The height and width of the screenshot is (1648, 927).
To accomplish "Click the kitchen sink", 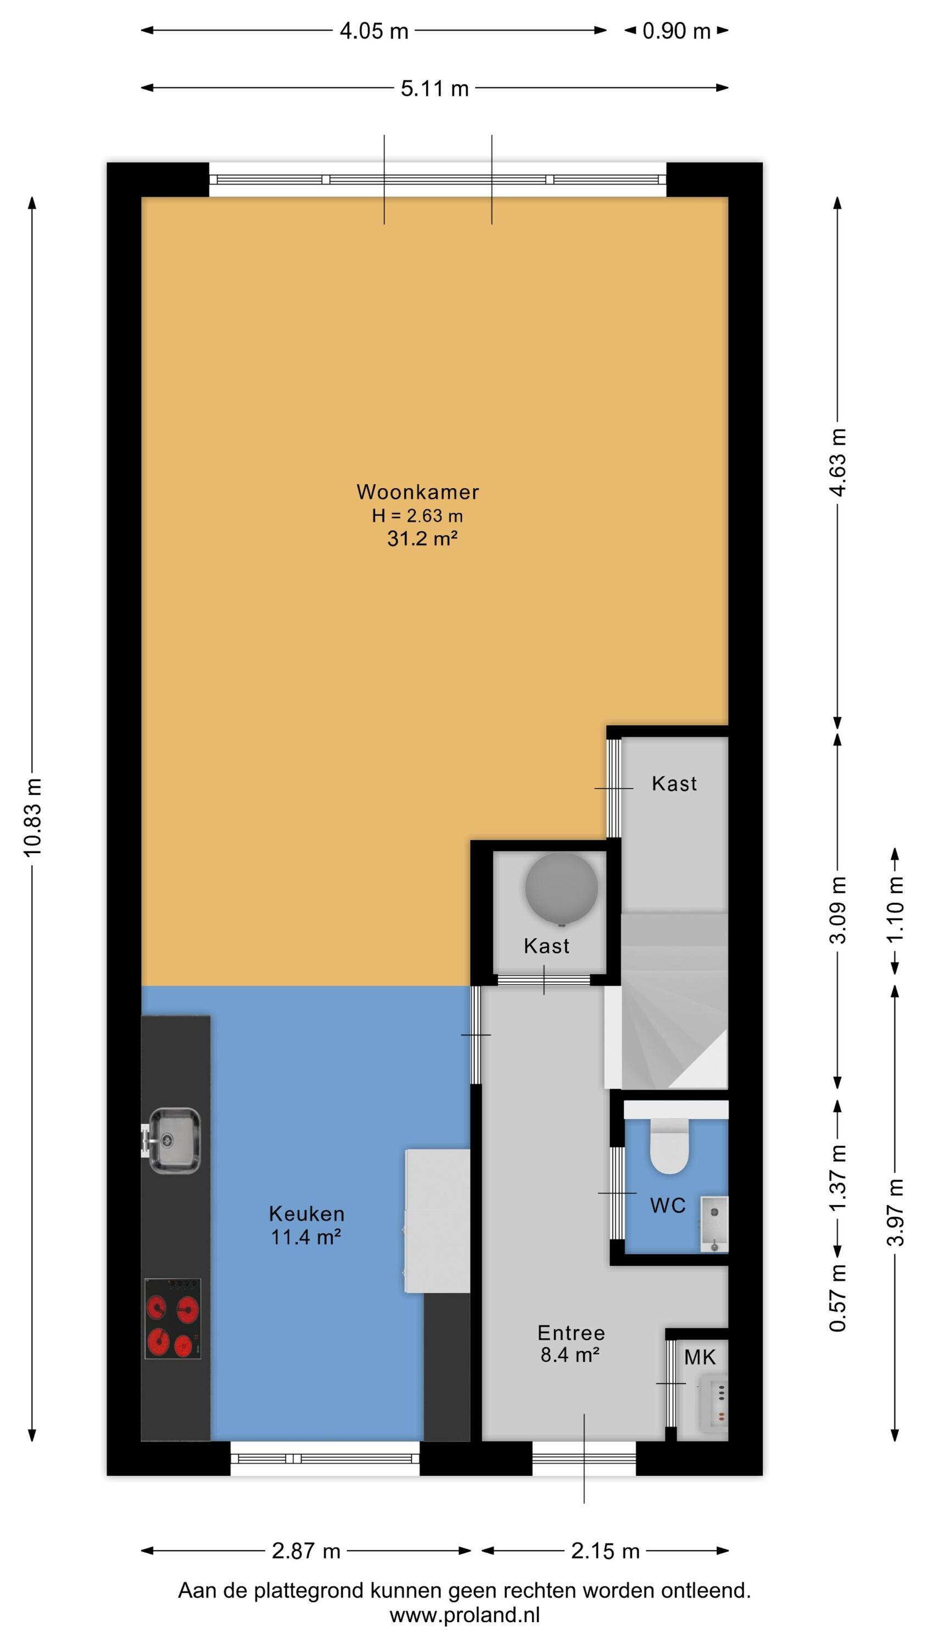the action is pyautogui.click(x=174, y=1140).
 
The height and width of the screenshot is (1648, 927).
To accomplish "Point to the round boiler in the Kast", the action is pyautogui.click(x=562, y=888).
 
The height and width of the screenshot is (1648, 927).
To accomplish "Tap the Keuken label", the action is pyautogui.click(x=306, y=1213).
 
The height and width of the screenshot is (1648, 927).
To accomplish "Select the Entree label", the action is pyautogui.click(x=571, y=1333).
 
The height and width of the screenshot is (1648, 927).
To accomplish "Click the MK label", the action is pyautogui.click(x=700, y=1357).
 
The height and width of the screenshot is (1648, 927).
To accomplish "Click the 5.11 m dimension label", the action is pyautogui.click(x=435, y=88).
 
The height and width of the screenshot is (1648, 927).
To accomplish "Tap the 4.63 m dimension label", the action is pyautogui.click(x=838, y=463).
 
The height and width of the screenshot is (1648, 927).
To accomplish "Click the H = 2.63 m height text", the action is pyautogui.click(x=417, y=516).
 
